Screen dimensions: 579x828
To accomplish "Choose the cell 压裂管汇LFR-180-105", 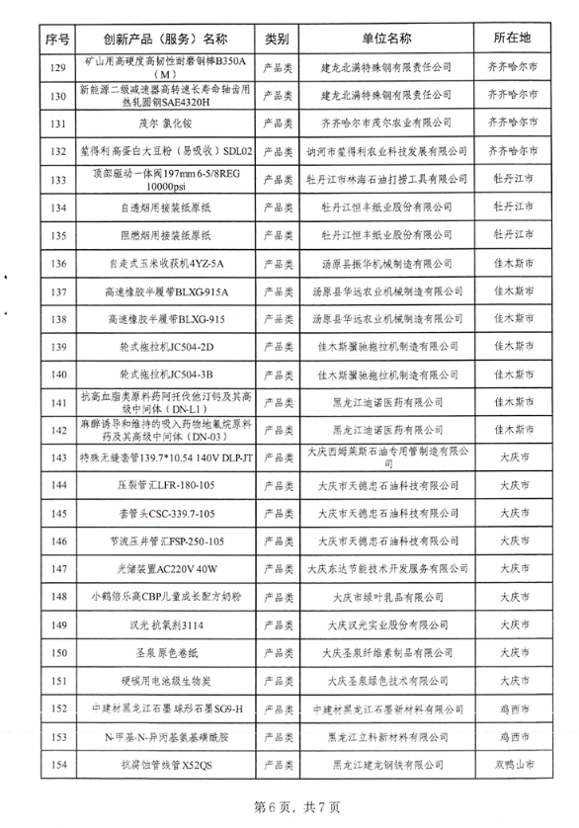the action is (166, 486).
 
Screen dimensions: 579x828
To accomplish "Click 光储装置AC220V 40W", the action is (166, 569).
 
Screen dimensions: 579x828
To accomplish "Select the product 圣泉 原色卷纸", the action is (166, 653).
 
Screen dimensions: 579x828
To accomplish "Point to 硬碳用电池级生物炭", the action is (166, 681).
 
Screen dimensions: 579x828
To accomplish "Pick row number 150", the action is (56, 653).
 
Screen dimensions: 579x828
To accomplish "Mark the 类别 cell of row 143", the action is (277, 458).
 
